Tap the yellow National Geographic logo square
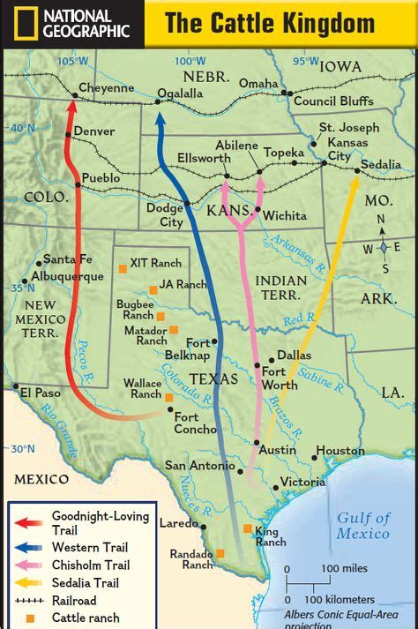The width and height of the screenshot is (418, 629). (19, 24)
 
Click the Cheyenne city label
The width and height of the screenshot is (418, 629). (106, 88)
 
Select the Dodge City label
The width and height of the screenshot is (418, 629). (164, 216)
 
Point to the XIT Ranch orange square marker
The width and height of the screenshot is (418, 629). (123, 268)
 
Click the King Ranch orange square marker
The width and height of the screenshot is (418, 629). (248, 528)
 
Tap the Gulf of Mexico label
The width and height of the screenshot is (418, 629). (362, 526)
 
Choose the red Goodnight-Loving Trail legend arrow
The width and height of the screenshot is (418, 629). (30, 521)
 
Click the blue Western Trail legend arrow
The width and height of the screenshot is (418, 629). (30, 548)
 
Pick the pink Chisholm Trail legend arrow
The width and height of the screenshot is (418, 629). (30, 565)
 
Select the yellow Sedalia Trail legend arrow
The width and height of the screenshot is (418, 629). (30, 582)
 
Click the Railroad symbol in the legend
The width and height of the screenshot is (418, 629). (30, 600)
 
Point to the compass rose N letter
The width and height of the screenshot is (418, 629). (381, 220)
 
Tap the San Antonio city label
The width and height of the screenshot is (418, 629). (199, 465)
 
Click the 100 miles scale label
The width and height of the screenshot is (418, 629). (343, 568)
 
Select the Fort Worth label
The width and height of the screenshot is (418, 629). (279, 378)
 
